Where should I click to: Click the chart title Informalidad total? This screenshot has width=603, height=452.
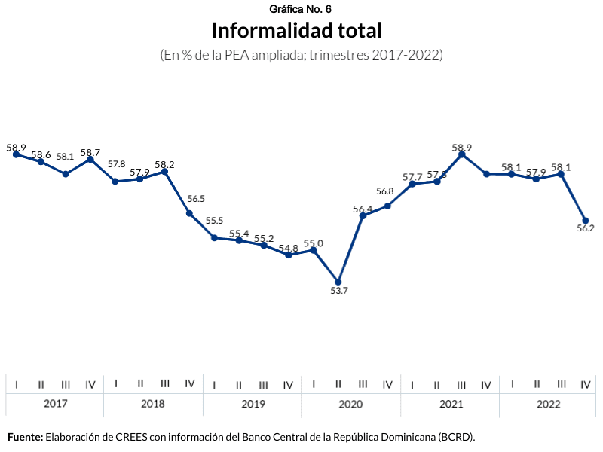tap(296, 31)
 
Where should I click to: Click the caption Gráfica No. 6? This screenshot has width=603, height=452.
tap(300, 9)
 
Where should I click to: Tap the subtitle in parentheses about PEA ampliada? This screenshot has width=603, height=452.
tap(301, 55)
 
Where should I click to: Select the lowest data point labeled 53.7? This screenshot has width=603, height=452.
tap(338, 282)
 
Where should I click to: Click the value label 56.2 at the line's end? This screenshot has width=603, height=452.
tap(586, 228)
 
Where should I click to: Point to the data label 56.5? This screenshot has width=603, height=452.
tap(196, 199)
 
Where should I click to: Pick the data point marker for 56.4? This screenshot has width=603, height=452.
tap(363, 216)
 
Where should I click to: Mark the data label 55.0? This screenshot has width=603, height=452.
tap(314, 243)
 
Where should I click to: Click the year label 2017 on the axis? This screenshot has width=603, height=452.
tap(55, 405)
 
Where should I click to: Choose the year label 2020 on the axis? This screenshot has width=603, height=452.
tap(350, 405)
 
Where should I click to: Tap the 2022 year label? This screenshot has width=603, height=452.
tap(549, 405)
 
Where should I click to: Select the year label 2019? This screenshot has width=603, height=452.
tap(253, 405)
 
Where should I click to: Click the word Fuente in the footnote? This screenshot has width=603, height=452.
tap(25, 437)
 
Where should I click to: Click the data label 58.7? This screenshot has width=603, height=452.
tap(90, 152)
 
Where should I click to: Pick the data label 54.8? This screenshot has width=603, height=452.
tap(289, 248)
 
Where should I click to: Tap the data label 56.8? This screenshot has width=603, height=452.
tap(385, 192)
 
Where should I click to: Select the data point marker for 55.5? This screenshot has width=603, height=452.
tap(214, 237)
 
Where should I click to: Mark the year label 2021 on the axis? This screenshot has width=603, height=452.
tap(451, 405)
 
